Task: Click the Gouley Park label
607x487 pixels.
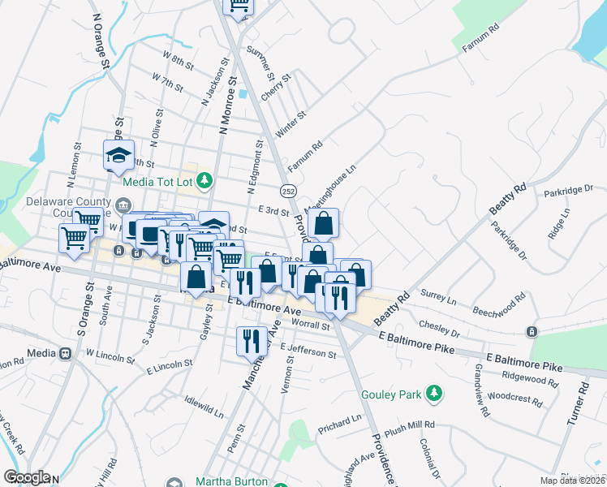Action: (393, 394)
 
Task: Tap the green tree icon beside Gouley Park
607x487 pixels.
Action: (435, 394)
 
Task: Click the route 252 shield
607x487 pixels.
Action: (290, 189)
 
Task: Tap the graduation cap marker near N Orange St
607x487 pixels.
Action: (118, 154)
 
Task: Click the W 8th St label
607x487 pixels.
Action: (179, 60)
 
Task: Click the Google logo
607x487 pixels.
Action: (27, 477)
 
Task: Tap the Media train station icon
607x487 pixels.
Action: (65, 354)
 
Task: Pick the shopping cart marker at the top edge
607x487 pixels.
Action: (239, 5)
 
